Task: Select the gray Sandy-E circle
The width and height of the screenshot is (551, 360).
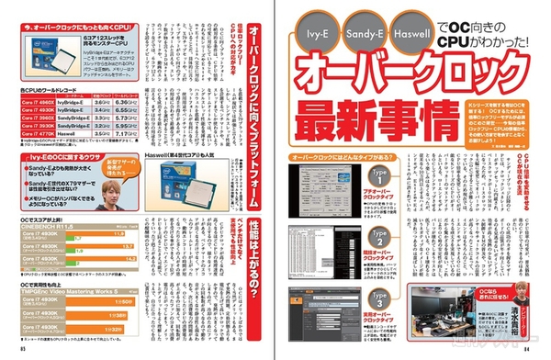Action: click(x=360, y=38)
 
